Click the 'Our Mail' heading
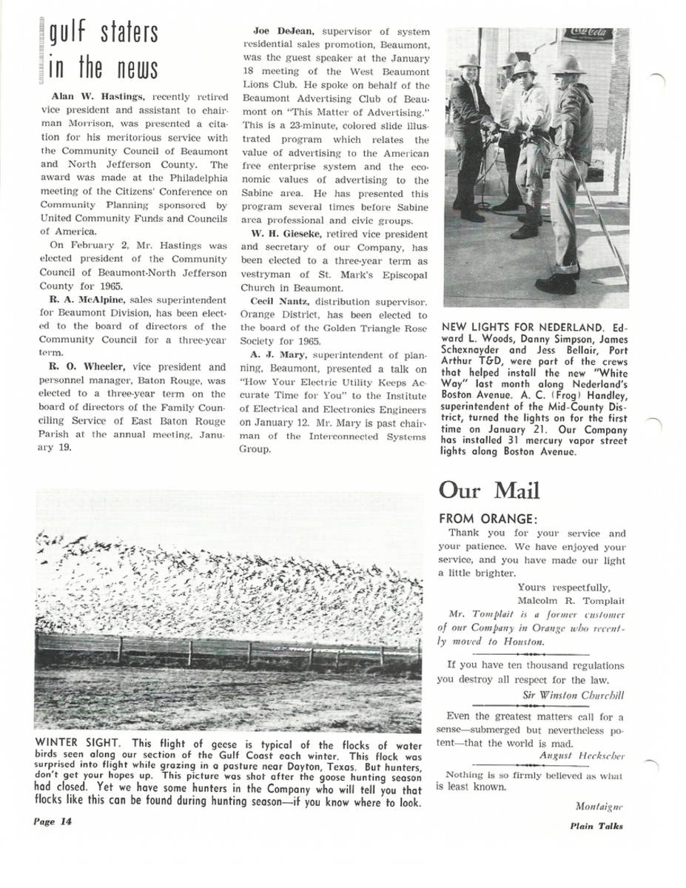(489, 491)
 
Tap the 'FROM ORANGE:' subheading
(488, 519)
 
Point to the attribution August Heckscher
(582, 756)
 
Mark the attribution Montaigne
(599, 806)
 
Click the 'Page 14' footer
(53, 821)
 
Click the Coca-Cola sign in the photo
(588, 33)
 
